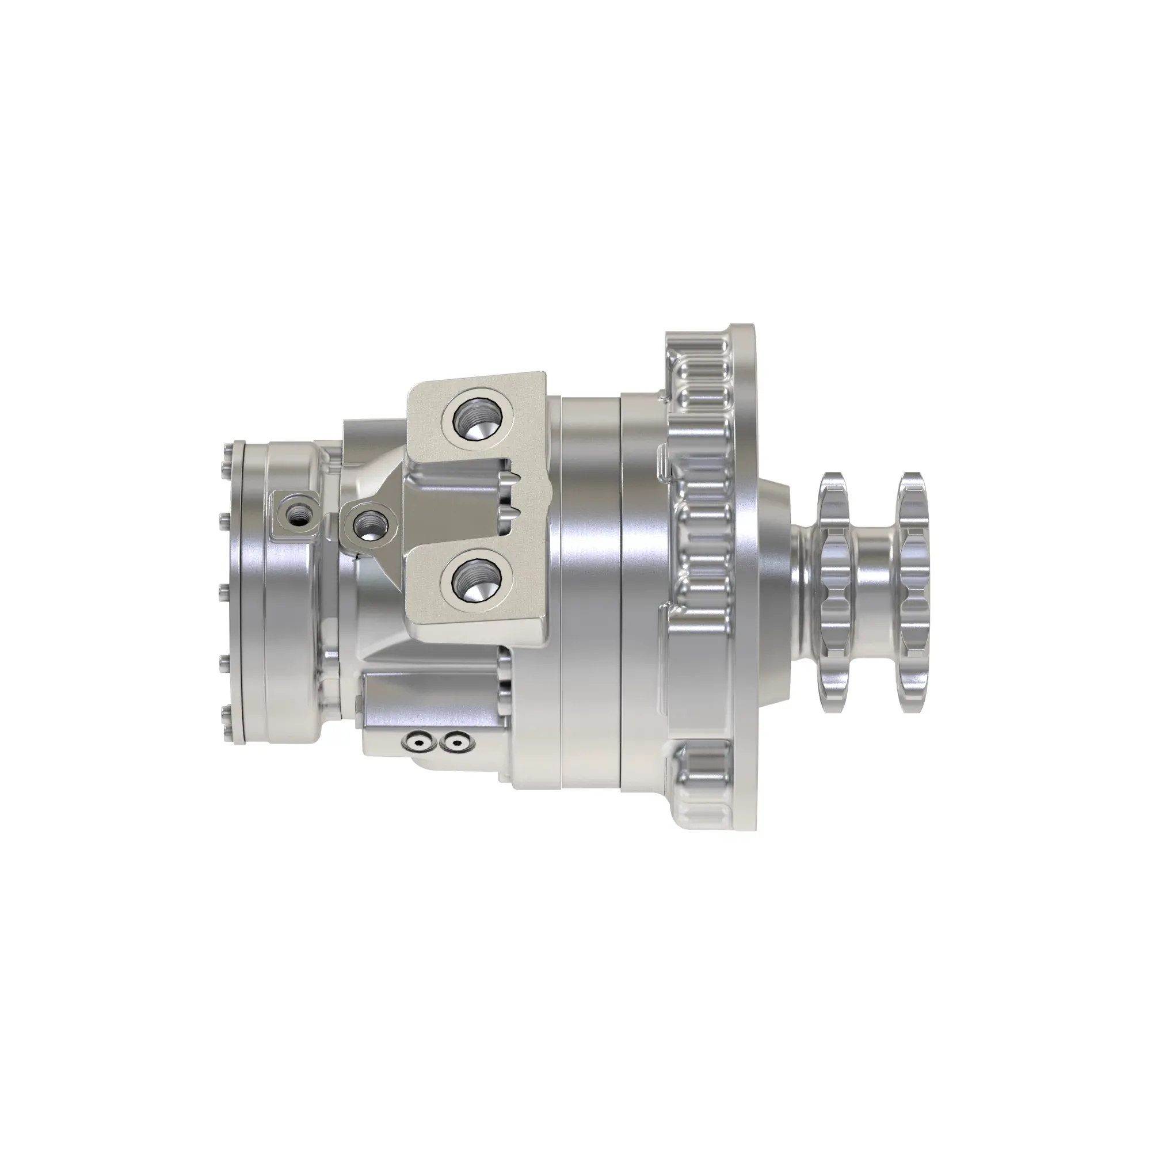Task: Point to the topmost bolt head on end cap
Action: coord(226,451)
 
